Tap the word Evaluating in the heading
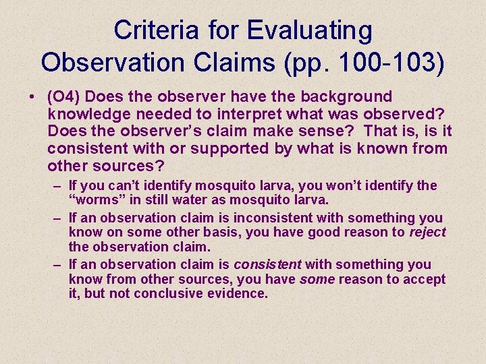[x=309, y=30]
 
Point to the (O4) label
[x=65, y=98]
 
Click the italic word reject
[x=427, y=232]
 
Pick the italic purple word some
[x=317, y=279]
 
